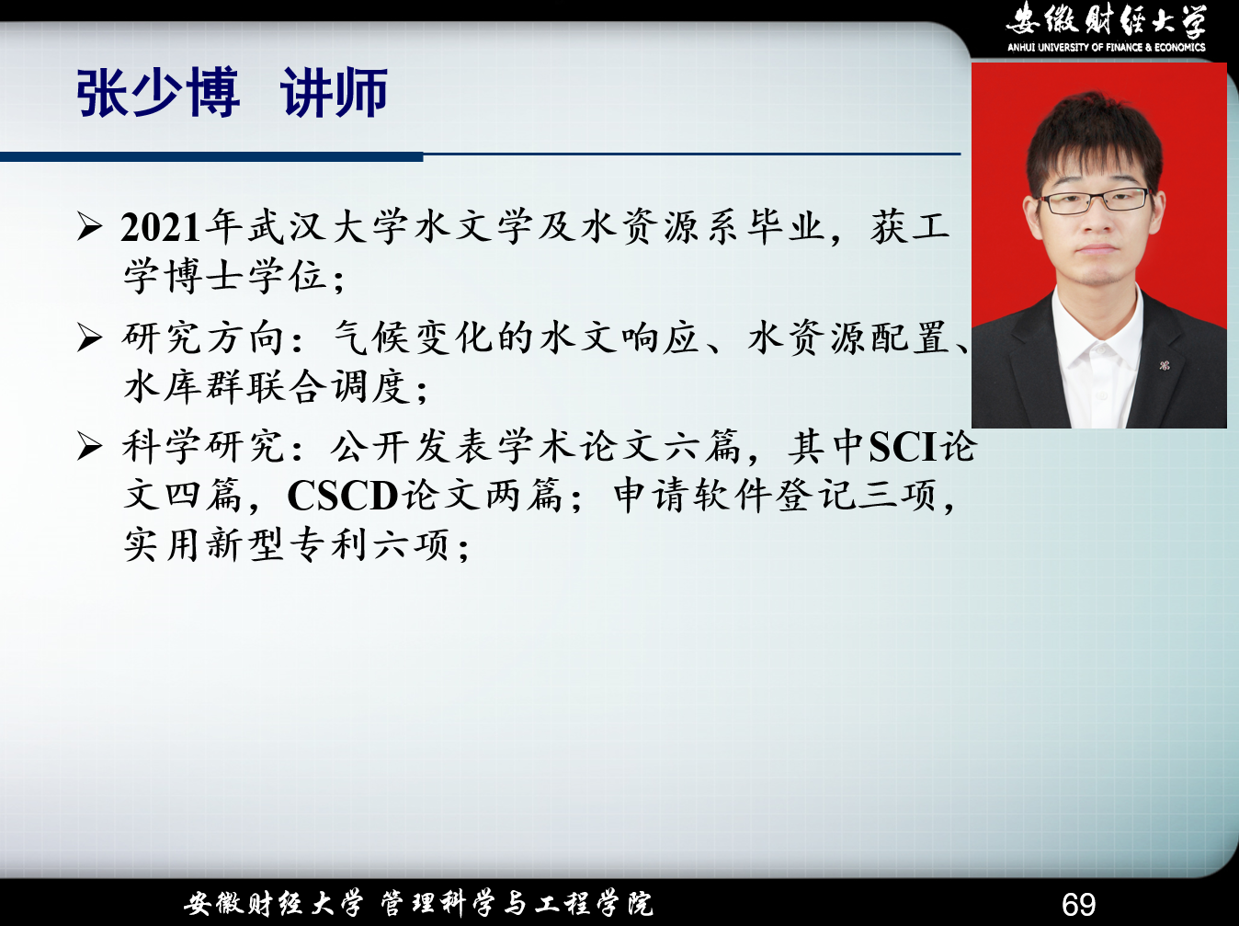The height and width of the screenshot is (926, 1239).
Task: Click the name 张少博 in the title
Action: coord(159,93)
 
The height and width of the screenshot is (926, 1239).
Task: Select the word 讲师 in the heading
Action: coord(335,93)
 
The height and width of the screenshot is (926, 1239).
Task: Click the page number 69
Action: coord(1079,904)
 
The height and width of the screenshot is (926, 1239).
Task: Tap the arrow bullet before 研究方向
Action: coord(90,337)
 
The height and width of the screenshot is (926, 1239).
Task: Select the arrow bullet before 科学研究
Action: coord(90,447)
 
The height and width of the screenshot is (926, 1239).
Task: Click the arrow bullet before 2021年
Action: coord(90,227)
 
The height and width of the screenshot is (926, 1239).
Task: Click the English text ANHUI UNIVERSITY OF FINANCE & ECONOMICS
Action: coord(1107,48)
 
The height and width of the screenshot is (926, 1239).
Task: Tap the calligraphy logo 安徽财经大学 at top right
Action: coord(1107,20)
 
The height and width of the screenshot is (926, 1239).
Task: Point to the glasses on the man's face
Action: coord(1094,201)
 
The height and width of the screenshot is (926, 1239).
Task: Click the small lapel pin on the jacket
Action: coord(1164,365)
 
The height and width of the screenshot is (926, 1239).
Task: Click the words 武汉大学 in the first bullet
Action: coord(327,228)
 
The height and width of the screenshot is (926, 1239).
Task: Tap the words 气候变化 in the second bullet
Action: coord(415,337)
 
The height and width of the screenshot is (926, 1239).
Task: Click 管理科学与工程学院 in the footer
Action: coord(517,903)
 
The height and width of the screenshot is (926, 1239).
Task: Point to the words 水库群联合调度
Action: coord(266,387)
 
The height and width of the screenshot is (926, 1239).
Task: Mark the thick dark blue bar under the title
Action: coord(211,156)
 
